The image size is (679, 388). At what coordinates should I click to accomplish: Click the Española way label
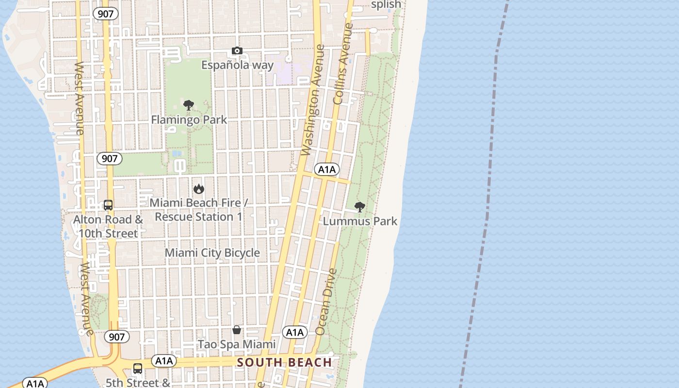tap(237, 65)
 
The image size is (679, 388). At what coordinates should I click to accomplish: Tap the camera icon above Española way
tap(237, 51)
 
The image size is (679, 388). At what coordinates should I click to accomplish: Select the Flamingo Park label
tap(189, 119)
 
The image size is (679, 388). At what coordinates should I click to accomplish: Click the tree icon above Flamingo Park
tap(189, 105)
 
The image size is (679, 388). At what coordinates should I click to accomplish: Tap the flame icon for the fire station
tap(198, 189)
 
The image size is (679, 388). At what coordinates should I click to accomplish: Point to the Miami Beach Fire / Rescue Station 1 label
tap(198, 210)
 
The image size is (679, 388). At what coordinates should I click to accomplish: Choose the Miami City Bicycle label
tap(212, 253)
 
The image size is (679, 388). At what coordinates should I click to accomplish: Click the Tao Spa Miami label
tap(236, 344)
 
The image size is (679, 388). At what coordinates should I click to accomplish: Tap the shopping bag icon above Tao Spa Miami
tap(236, 330)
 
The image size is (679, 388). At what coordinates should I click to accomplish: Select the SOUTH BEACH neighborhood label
tap(285, 362)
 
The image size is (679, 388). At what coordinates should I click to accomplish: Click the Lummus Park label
tap(360, 221)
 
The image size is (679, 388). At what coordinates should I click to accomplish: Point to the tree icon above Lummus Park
tap(359, 207)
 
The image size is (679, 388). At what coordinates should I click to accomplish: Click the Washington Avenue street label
tap(312, 100)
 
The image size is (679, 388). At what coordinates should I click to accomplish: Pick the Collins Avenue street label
tap(342, 64)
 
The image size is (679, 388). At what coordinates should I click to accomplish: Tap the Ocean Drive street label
tap(326, 302)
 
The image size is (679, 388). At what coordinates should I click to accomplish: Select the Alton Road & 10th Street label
tap(108, 226)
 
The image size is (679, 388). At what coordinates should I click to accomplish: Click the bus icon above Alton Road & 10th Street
tap(108, 205)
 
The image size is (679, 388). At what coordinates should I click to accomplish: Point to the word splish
tap(386, 5)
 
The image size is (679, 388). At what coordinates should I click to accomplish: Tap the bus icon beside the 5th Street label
tap(138, 369)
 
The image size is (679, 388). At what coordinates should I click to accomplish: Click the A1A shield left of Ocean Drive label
tap(295, 332)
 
